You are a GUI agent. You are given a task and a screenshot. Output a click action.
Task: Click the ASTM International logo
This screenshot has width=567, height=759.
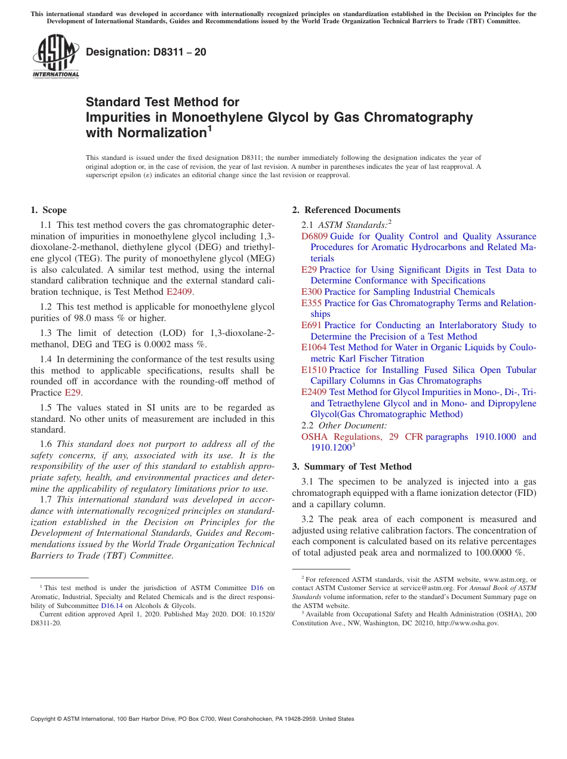click(x=56, y=56)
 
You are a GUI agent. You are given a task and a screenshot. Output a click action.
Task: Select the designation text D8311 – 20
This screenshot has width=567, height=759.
click(x=146, y=52)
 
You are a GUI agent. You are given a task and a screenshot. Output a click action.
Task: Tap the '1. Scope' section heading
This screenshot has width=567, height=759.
click(x=49, y=210)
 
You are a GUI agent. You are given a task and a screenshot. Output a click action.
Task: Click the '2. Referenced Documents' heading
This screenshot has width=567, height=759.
click(x=346, y=210)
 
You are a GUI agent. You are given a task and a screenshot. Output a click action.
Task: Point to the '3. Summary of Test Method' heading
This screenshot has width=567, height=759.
click(x=352, y=467)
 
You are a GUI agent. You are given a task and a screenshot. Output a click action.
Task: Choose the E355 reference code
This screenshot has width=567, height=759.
click(x=312, y=303)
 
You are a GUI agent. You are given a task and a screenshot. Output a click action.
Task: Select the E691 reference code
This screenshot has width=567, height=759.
click(x=312, y=325)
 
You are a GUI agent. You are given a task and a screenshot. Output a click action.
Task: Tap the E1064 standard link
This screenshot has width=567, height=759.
click(x=314, y=347)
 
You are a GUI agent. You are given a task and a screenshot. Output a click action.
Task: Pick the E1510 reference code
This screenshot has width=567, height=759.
click(x=314, y=370)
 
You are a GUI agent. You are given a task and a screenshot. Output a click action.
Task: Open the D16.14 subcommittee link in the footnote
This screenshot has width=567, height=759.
click(x=112, y=606)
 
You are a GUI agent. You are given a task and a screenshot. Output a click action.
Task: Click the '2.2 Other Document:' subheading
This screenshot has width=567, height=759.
click(x=344, y=425)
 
